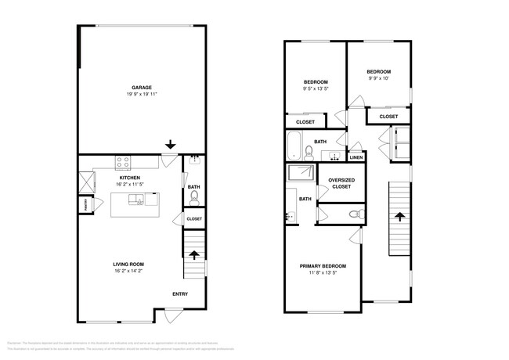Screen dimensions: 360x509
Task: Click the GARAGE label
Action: click(141, 88)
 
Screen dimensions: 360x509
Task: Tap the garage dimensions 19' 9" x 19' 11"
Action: click(141, 95)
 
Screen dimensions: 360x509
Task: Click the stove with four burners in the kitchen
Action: click(124, 163)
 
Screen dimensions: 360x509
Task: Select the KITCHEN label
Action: click(130, 178)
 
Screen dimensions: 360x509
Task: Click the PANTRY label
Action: click(87, 204)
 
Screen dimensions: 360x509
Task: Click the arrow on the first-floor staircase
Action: click(194, 255)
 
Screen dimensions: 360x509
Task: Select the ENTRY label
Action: click(180, 294)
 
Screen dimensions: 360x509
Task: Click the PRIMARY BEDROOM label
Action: click(323, 266)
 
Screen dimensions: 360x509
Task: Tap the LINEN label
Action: click(356, 157)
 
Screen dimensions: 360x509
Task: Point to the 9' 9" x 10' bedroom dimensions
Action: click(379, 78)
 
